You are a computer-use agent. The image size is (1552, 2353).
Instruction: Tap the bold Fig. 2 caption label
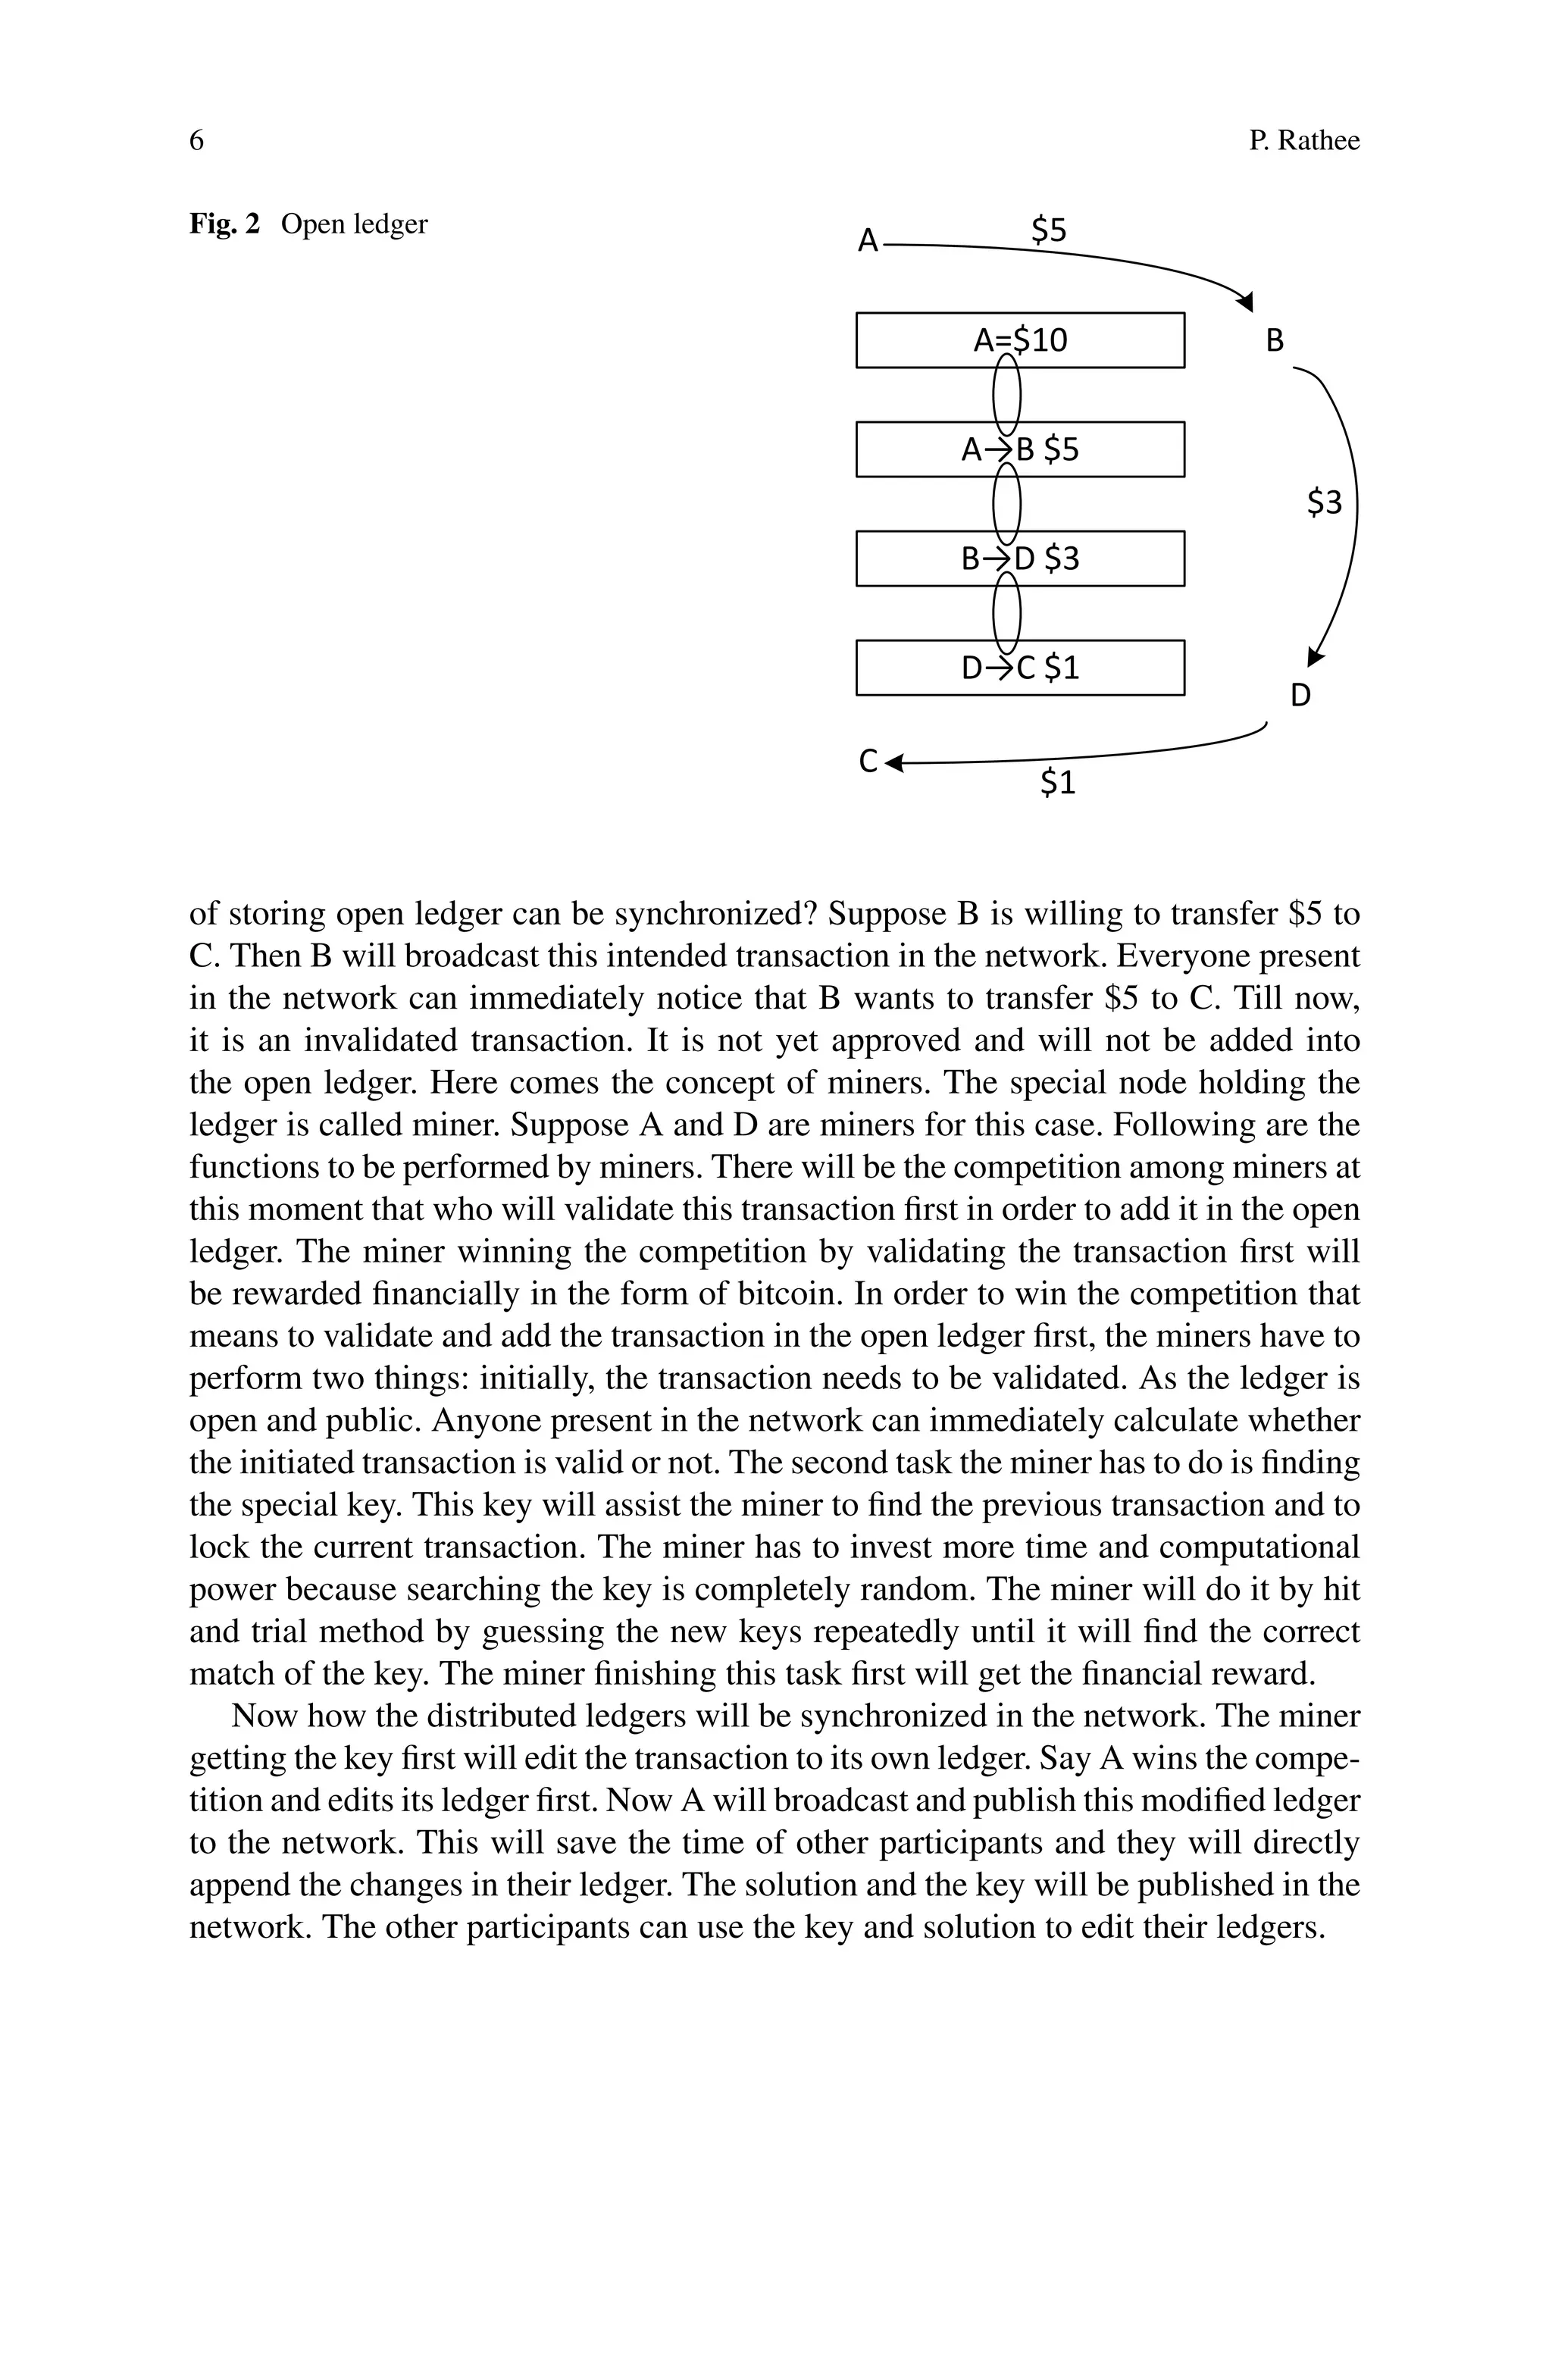point(224,224)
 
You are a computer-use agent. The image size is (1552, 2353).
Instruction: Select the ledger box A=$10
point(1019,340)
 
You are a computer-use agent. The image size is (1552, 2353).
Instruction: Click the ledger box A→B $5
point(1019,450)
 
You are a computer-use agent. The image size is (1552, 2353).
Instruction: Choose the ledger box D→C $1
point(1019,668)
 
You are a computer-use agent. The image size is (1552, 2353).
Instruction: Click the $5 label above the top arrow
point(1048,230)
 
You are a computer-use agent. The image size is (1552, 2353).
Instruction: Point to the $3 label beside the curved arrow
point(1325,502)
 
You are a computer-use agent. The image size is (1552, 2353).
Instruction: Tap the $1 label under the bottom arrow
point(1057,783)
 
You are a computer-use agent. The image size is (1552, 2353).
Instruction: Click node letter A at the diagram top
point(868,240)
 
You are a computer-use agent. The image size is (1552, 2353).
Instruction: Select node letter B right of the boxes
point(1275,341)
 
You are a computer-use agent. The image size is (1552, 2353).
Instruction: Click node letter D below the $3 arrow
point(1300,696)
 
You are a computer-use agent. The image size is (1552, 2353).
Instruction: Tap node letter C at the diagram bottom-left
point(868,761)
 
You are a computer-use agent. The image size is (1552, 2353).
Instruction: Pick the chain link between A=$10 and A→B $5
point(1006,395)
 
